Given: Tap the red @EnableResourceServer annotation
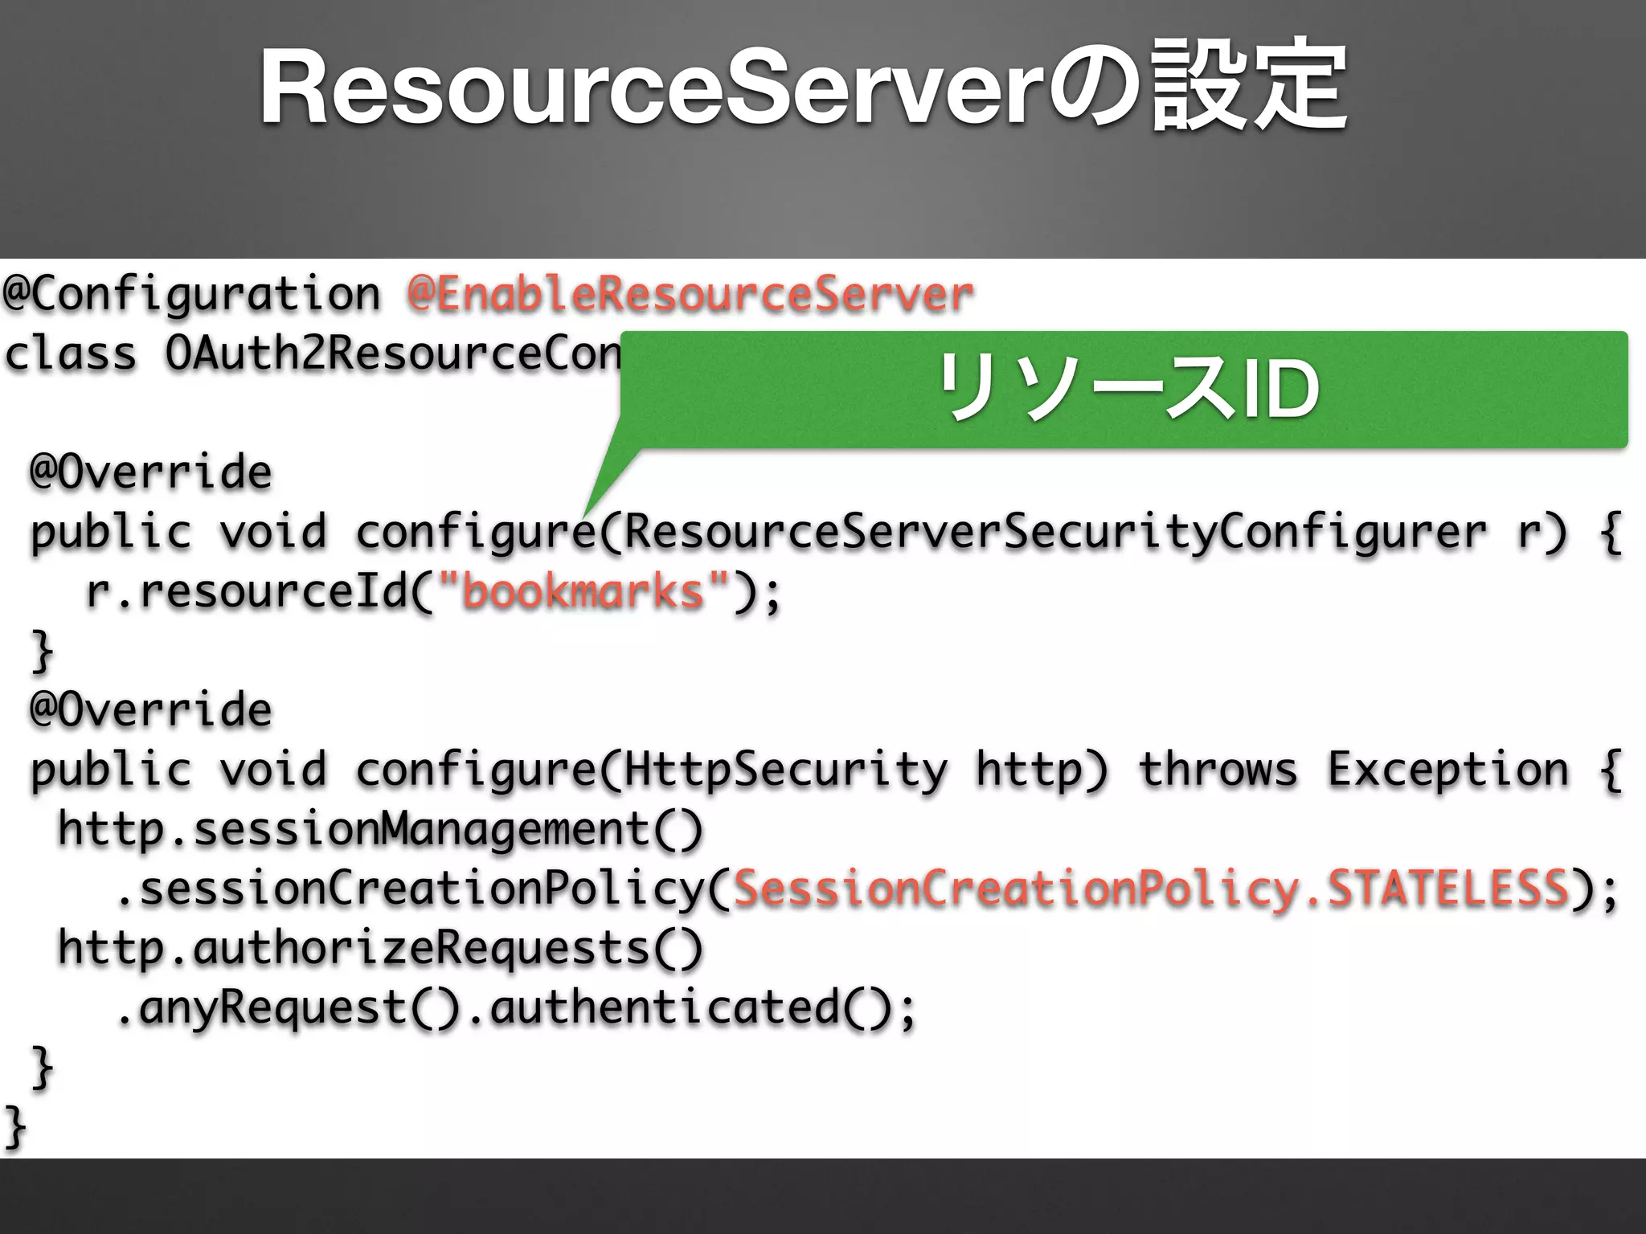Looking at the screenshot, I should (x=690, y=294).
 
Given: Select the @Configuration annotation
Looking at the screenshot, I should (x=191, y=294).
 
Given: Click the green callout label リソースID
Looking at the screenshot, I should (x=1125, y=389).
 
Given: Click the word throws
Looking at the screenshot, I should (x=1218, y=770).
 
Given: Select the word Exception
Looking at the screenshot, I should (x=1447, y=770).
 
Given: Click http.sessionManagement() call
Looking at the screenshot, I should (x=380, y=829).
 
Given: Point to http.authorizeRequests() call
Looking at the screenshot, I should (x=380, y=948).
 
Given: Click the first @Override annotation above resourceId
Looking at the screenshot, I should (x=151, y=472).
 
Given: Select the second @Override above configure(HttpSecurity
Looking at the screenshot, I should (x=151, y=710).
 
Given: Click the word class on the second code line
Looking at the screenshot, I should (x=71, y=353).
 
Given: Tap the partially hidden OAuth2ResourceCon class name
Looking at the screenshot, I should (x=392, y=353).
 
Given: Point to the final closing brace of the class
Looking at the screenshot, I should (x=14, y=1126).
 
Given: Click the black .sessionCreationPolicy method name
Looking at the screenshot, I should (x=410, y=889).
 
